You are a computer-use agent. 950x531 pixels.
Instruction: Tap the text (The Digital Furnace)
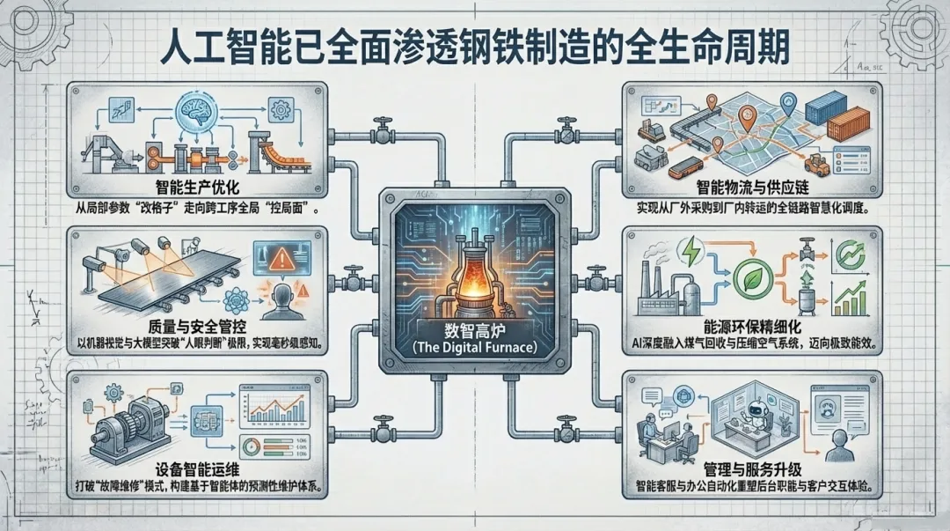474,347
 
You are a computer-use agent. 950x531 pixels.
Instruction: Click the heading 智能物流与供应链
755,188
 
